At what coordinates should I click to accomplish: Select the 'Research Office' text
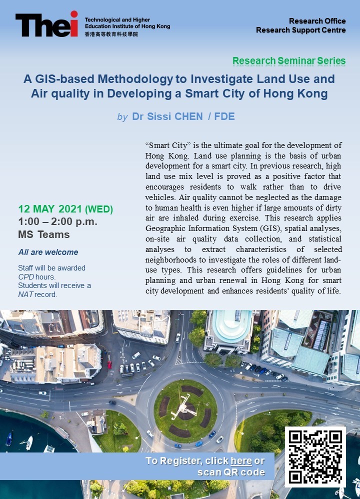click(x=317, y=21)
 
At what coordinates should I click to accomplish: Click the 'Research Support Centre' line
click(x=300, y=30)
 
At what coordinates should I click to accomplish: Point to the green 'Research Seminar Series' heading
click(x=289, y=61)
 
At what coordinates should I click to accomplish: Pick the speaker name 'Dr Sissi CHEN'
click(x=167, y=117)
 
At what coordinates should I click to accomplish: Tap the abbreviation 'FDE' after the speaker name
click(x=224, y=117)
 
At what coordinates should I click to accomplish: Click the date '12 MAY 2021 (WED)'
click(x=65, y=209)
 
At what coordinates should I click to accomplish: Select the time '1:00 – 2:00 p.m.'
click(x=57, y=221)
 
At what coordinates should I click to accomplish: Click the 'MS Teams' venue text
click(x=44, y=234)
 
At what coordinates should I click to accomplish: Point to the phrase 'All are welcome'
click(x=48, y=252)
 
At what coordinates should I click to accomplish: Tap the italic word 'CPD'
click(x=26, y=276)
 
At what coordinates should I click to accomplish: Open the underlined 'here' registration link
click(x=241, y=460)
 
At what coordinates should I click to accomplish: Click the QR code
click(x=314, y=456)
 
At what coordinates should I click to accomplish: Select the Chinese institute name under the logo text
click(x=111, y=34)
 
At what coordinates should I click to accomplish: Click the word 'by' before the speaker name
click(x=122, y=117)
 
